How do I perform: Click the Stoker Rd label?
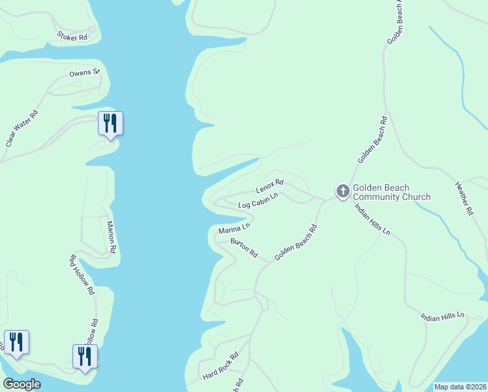[72, 37]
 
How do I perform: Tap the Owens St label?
[84, 73]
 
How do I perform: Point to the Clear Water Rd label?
[22, 128]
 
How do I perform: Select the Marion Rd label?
[111, 237]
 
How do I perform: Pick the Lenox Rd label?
[270, 186]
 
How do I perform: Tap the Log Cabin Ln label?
[258, 200]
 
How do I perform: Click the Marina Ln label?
[234, 229]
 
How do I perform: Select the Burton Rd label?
[244, 248]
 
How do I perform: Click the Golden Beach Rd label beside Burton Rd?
[296, 242]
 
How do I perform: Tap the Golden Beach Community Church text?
[391, 193]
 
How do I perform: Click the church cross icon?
[343, 191]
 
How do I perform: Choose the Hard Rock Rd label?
[221, 367]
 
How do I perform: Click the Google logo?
[22, 384]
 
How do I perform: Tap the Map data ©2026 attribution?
[460, 387]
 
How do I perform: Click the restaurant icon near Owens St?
[110, 122]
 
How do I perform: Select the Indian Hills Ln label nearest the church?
[372, 220]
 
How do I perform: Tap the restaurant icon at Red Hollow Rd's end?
[85, 356]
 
